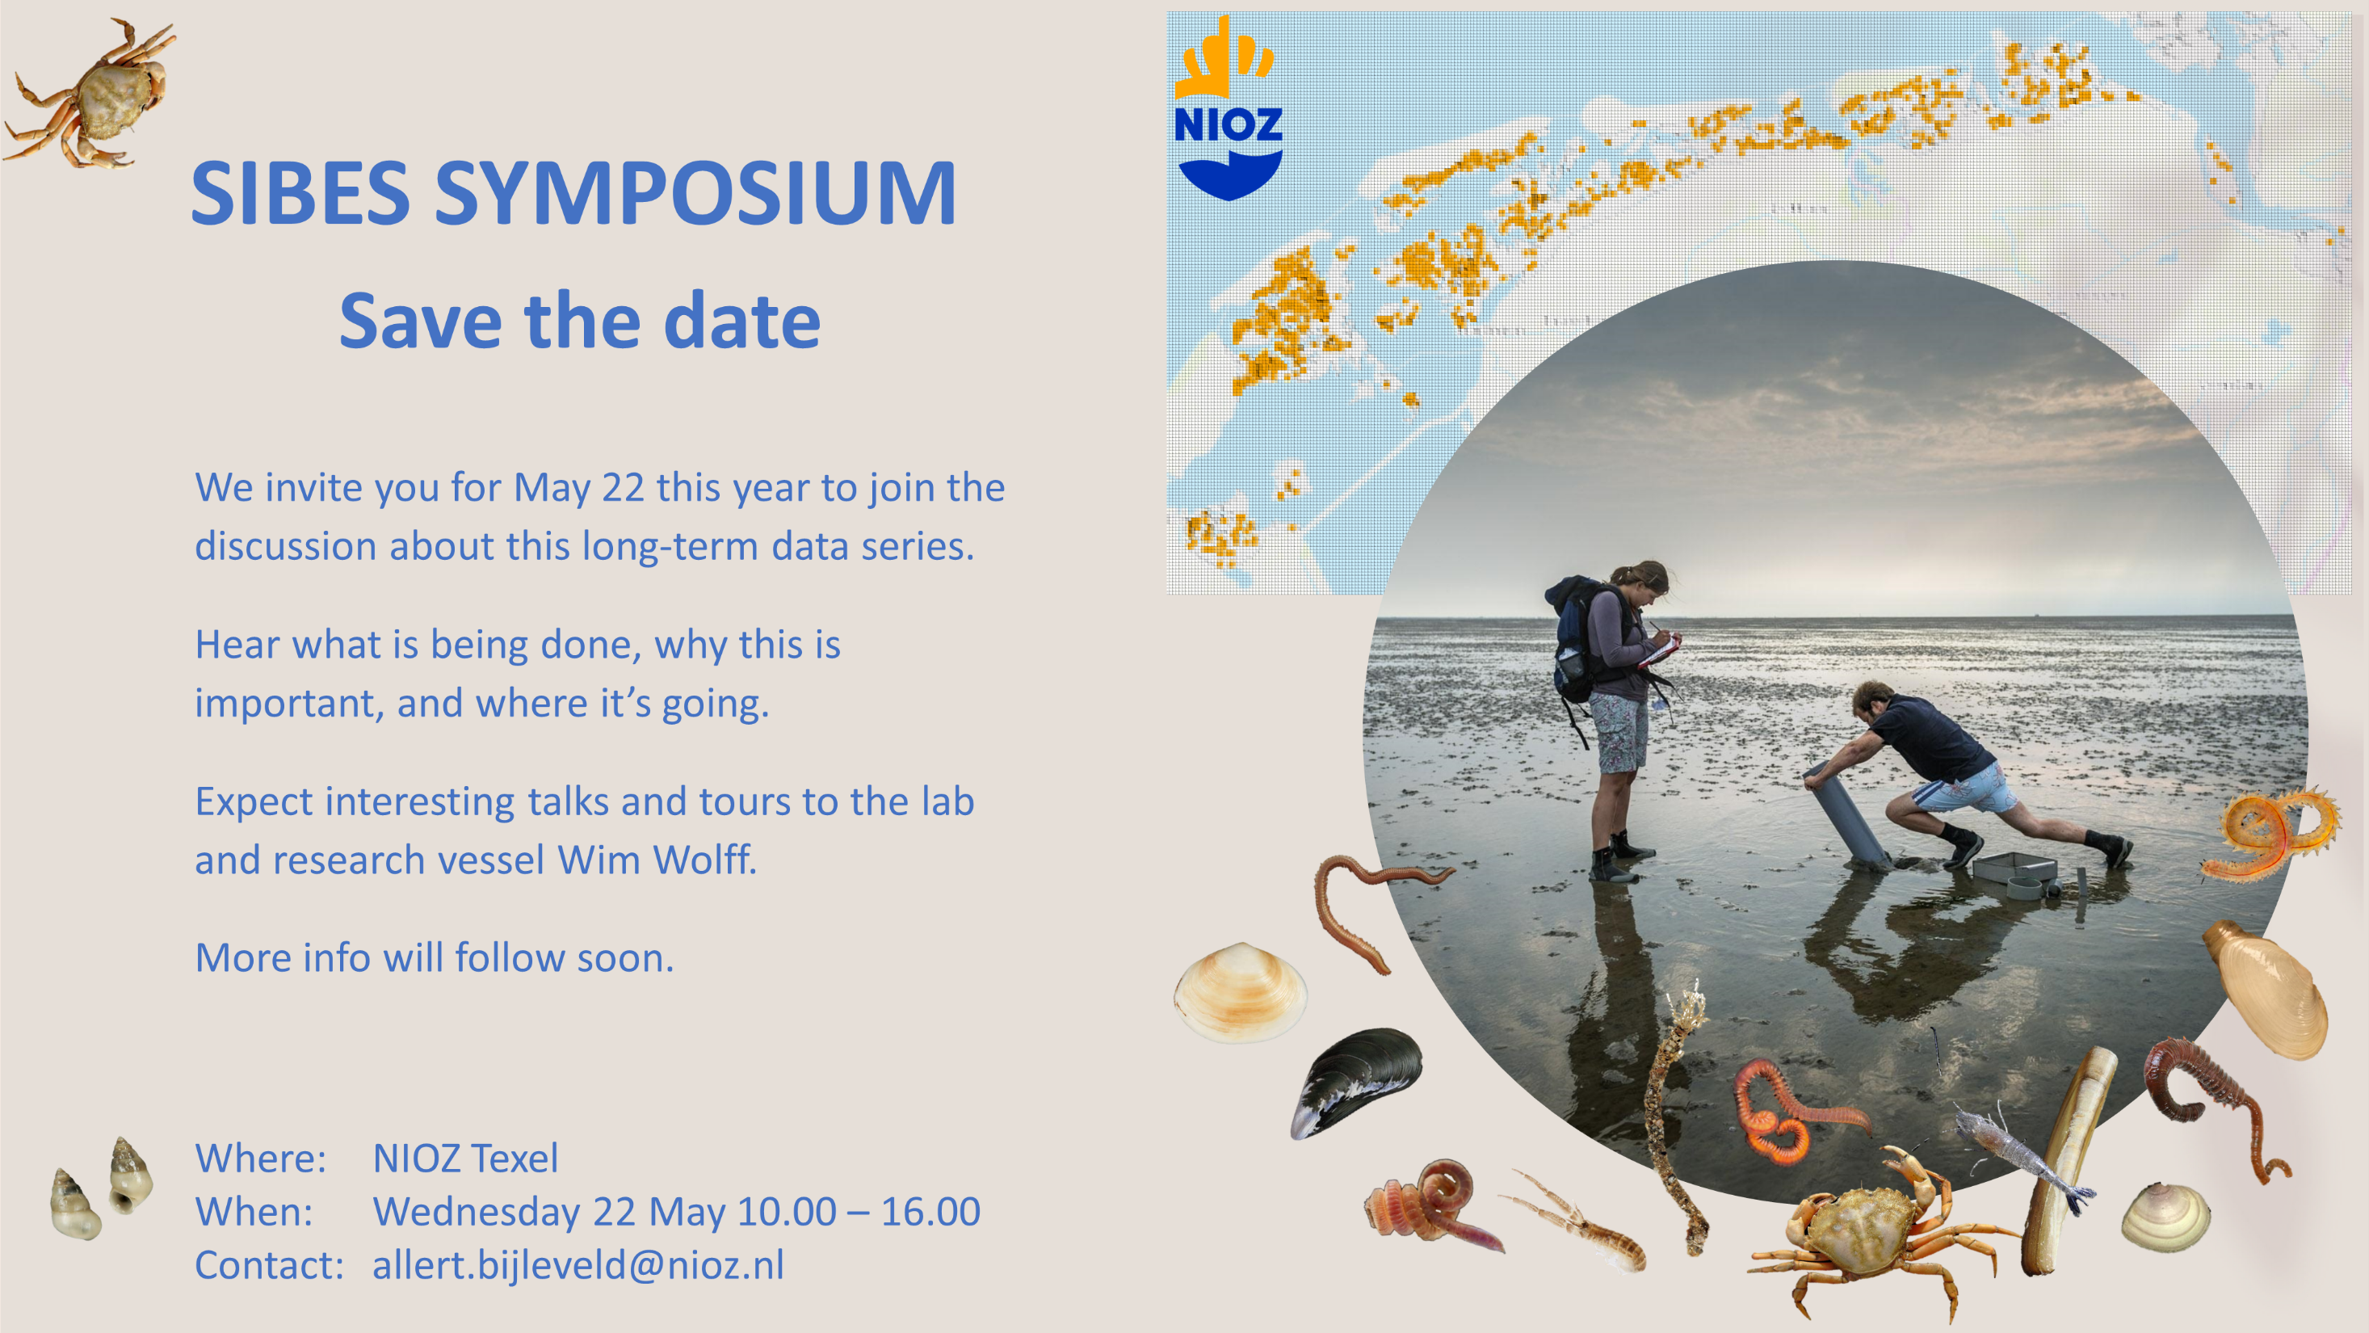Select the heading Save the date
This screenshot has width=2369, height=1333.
click(579, 321)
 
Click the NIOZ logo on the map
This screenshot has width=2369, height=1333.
click(1228, 108)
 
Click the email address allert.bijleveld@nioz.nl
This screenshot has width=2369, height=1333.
click(578, 1265)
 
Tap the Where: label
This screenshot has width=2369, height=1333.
click(260, 1158)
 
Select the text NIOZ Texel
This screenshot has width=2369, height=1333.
click(465, 1158)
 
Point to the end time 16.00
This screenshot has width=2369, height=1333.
click(930, 1212)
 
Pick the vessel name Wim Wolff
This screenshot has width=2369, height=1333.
click(657, 860)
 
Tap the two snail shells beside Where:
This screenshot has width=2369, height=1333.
click(102, 1188)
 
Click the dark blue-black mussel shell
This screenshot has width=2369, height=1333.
click(1356, 1082)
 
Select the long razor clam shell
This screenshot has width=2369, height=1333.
click(2068, 1161)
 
